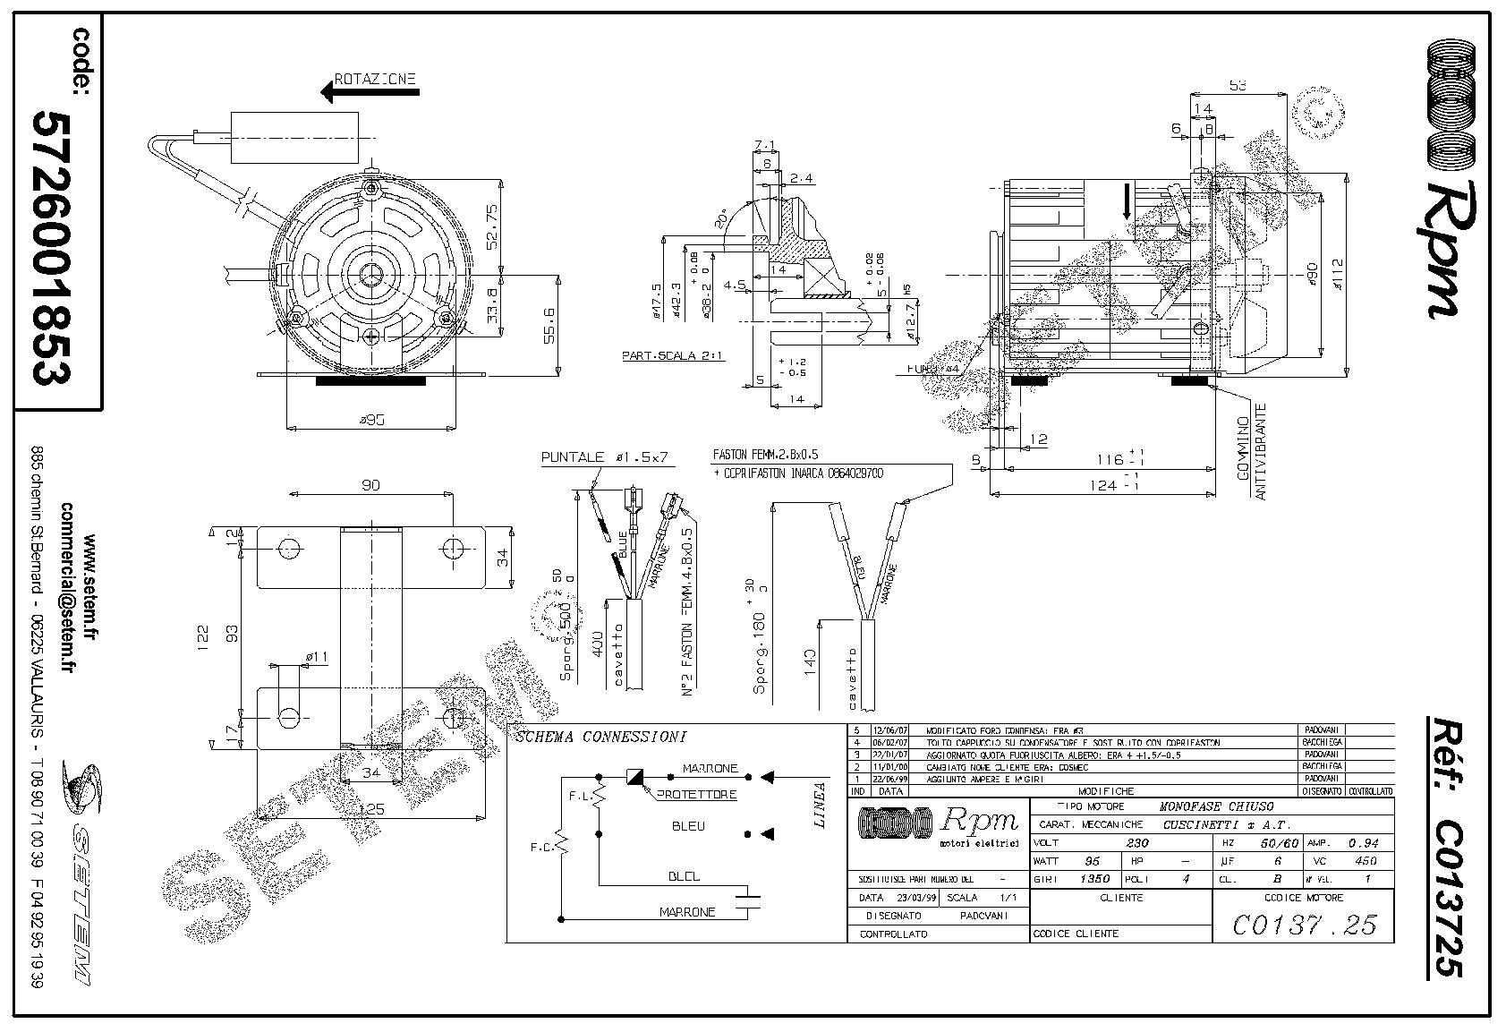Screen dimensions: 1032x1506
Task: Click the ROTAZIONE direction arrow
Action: pyautogui.click(x=340, y=90)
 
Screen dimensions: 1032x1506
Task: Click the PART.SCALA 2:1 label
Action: pyautogui.click(x=673, y=355)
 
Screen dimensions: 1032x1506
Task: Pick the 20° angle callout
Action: pyautogui.click(x=721, y=218)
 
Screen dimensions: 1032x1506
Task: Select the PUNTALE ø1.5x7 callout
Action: pyautogui.click(x=606, y=457)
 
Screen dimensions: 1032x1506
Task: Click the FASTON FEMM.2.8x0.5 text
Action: pyautogui.click(x=765, y=455)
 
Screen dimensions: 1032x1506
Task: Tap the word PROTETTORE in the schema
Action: pyautogui.click(x=697, y=794)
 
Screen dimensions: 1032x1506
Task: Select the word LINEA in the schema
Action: pyautogui.click(x=820, y=806)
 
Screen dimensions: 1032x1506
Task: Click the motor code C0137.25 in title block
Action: pyautogui.click(x=1304, y=924)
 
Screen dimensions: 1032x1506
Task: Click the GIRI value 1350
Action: pyautogui.click(x=1095, y=879)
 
